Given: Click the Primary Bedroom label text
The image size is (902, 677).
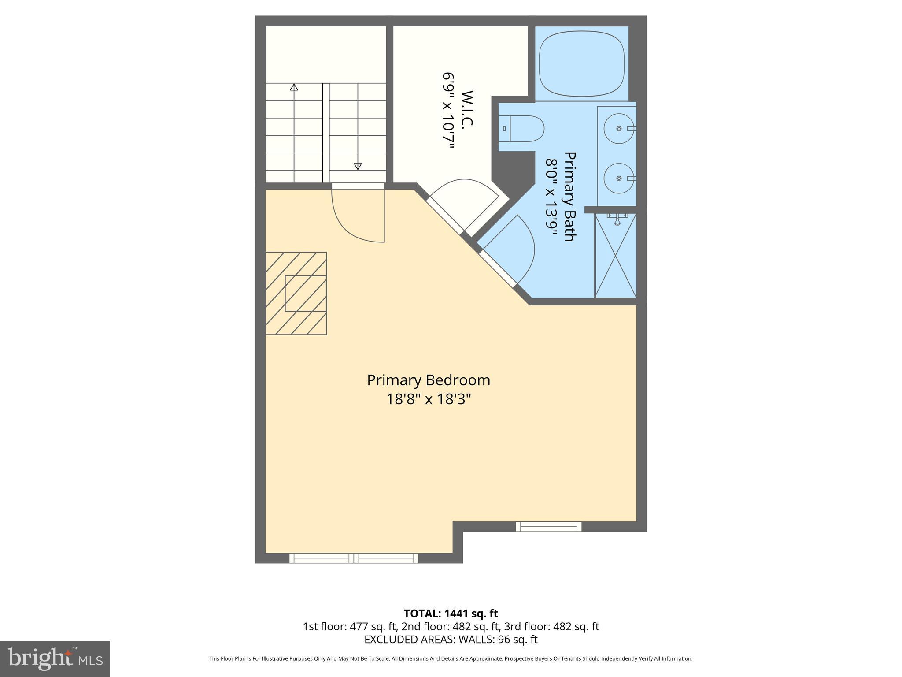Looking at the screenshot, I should (428, 380).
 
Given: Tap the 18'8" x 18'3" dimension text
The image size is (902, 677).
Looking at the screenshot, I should (429, 399).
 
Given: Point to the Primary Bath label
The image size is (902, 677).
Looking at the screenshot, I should (570, 197).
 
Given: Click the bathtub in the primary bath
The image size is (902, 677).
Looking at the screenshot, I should (581, 63).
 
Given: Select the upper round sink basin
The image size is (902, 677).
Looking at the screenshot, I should (618, 129).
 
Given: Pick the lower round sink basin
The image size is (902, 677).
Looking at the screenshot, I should (618, 179).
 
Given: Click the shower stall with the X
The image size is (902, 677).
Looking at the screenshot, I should (616, 256).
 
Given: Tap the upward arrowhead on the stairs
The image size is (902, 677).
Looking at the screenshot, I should (294, 87).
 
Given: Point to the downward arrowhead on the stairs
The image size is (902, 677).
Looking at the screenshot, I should (358, 166).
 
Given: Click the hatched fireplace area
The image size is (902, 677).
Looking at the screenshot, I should (296, 294).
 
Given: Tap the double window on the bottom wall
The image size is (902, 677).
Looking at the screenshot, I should (354, 558).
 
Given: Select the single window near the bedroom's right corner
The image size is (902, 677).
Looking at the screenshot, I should (548, 526).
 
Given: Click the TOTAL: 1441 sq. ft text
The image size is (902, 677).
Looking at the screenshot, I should (451, 614).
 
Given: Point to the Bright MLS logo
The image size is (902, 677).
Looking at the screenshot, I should (55, 659).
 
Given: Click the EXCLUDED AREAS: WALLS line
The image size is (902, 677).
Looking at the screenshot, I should (451, 639).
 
